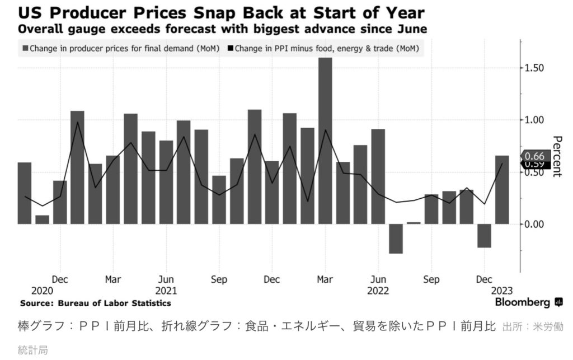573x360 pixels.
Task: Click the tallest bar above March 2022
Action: (325, 140)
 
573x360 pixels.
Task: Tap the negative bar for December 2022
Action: (484, 235)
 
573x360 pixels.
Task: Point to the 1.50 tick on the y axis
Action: (534, 68)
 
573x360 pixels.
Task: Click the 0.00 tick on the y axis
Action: (534, 224)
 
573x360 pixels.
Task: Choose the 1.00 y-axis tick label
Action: (534, 120)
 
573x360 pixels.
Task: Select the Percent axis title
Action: (556, 156)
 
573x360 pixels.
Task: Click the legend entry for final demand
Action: (120, 49)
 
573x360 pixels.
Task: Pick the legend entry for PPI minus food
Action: (325, 49)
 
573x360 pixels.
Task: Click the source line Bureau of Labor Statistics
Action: (96, 303)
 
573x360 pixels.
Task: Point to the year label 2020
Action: (42, 291)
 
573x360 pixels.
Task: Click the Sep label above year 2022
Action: (431, 279)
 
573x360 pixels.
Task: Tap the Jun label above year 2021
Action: (166, 279)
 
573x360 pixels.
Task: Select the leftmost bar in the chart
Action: (25, 193)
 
